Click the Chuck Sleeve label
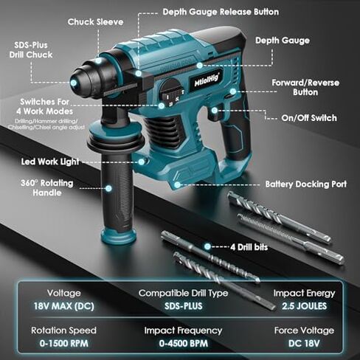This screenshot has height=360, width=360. point(94,21)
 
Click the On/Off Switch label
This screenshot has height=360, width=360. point(309,117)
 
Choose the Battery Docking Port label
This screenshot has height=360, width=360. point(305,184)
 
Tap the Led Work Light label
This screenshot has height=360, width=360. point(44,160)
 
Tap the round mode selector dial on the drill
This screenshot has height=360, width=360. point(172,94)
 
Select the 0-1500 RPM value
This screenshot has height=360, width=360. point(59,344)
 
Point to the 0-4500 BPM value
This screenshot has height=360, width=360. point(183,344)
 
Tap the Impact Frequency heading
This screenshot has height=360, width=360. point(183,330)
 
